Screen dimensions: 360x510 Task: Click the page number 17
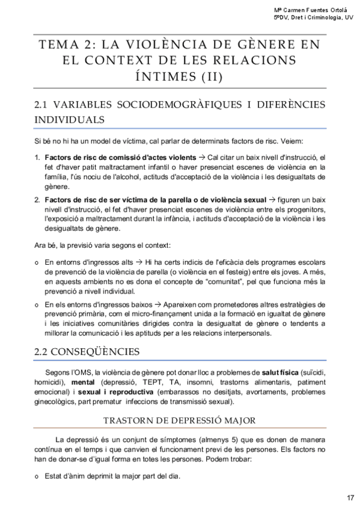[350, 497]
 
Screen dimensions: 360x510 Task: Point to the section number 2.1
[44, 105]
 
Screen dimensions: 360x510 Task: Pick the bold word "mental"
[84, 382]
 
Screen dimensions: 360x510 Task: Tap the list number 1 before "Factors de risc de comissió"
[38, 158]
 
